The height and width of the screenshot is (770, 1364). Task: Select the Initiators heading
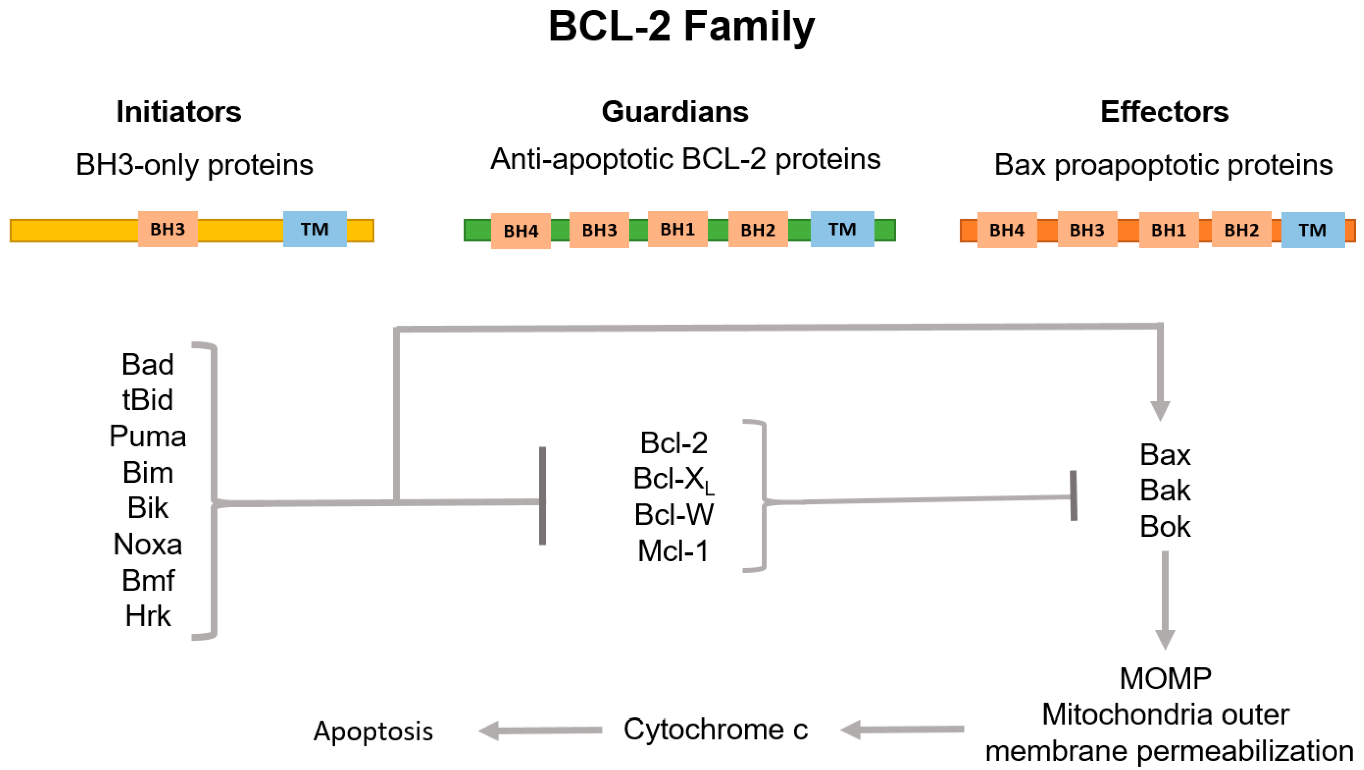coord(179,112)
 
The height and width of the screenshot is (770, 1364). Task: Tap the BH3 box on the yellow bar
coord(168,229)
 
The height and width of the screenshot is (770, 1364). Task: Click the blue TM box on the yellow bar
coord(315,229)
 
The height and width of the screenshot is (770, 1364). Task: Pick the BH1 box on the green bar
coord(677,229)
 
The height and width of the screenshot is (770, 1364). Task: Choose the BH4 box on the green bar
coord(521,231)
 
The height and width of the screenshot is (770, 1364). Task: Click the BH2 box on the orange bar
coord(1241,230)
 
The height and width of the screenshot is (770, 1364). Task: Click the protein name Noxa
coord(148,544)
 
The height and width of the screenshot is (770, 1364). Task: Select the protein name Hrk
coord(148,616)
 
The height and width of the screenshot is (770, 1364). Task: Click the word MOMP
coord(1165,678)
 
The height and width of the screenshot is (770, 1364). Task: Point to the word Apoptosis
coord(373,731)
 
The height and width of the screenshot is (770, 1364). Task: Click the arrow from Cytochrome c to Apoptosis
coord(540,731)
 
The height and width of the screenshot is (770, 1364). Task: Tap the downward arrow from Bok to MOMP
coord(1165,599)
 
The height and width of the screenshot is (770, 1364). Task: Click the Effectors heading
coord(1164,112)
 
